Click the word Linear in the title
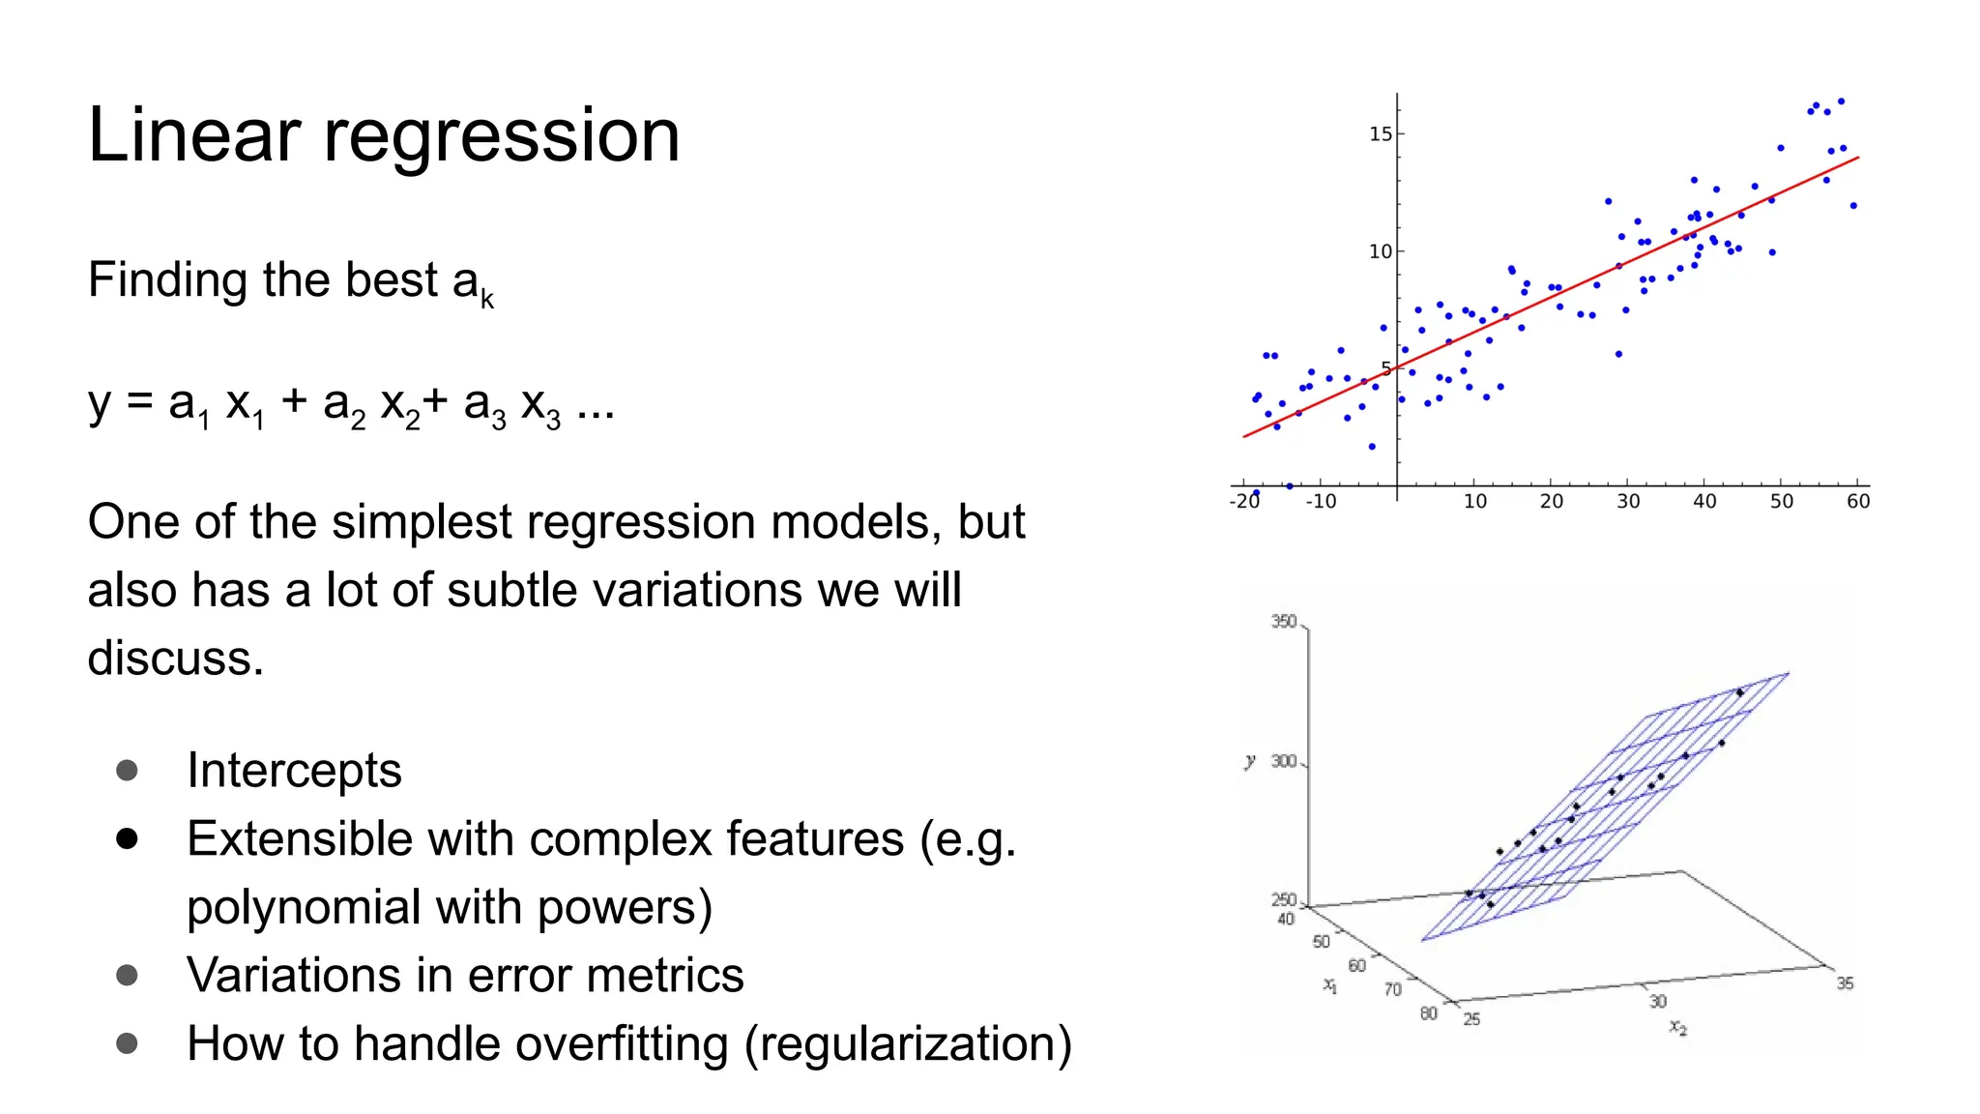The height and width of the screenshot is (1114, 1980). coord(193,135)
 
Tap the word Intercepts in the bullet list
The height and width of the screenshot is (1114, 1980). coord(294,771)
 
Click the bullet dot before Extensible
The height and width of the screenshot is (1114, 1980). coord(127,838)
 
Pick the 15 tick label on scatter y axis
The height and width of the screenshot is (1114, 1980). coord(1380,134)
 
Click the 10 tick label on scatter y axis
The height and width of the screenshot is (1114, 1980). coord(1380,251)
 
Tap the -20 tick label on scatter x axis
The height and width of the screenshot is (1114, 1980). coord(1244,501)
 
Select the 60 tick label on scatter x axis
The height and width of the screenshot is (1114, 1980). coord(1857,501)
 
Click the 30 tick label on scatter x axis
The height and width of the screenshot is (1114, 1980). coord(1628,501)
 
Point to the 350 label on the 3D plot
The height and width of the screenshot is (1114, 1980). coord(1283,622)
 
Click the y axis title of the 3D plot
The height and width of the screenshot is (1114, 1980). coord(1250,761)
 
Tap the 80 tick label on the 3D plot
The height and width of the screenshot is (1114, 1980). coord(1428,1013)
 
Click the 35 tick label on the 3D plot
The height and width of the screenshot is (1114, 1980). coord(1845,983)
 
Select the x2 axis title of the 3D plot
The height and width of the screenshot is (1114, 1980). coord(1677,1027)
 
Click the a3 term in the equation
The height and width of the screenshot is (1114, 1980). coord(483,404)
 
